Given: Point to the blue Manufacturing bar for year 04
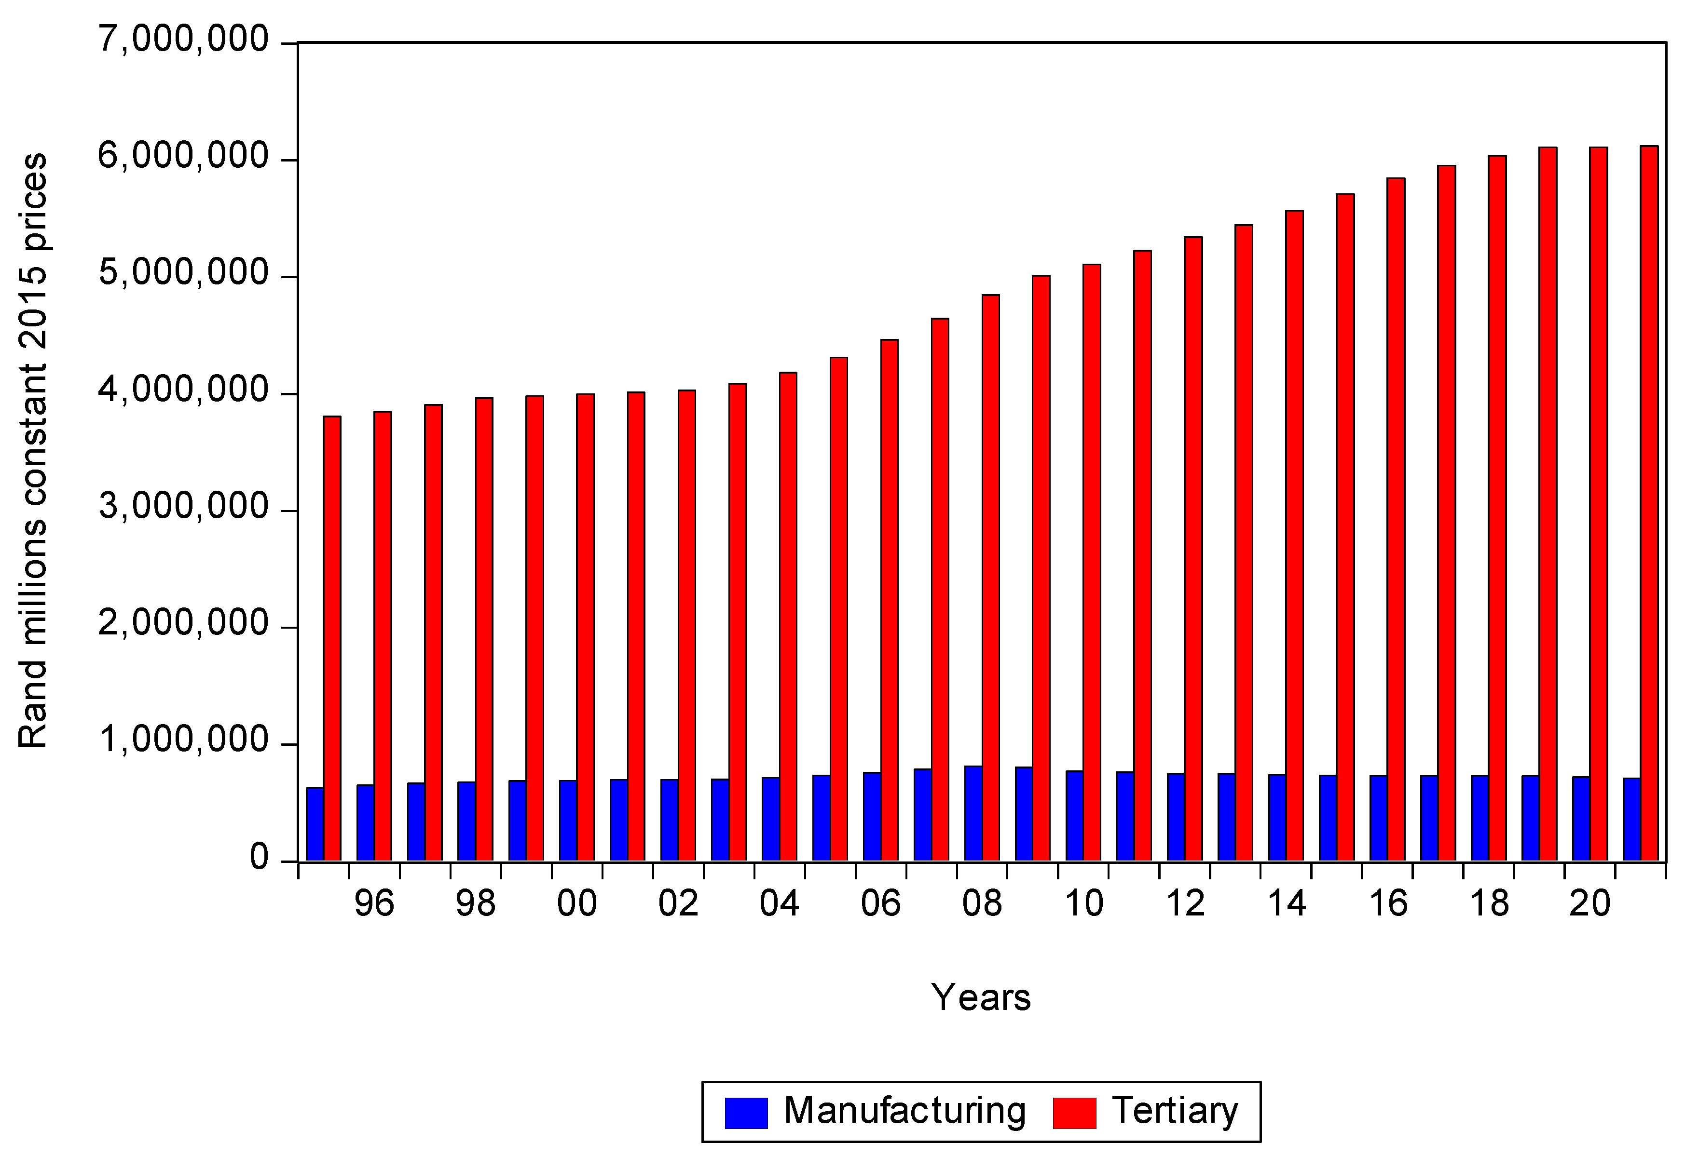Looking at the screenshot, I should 770,819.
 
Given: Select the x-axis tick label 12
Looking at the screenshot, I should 1185,904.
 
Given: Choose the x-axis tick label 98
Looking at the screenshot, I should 476,904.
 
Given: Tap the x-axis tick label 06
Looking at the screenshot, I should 880,904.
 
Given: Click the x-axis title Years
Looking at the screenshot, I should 981,997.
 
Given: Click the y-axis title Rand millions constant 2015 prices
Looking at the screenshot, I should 33,449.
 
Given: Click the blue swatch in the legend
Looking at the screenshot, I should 746,1113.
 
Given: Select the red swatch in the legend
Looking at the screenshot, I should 1074,1113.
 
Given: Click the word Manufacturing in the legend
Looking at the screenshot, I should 904,1111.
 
